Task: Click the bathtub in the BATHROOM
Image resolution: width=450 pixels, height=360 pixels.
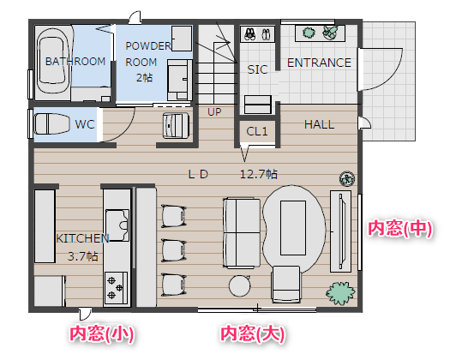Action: pos(53,61)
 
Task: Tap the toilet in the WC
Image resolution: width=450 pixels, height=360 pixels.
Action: pos(52,124)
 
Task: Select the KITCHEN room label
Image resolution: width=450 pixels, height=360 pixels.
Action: pos(82,238)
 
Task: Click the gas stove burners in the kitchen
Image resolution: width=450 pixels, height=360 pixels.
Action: pos(116,288)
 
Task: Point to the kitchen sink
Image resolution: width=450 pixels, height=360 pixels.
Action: pos(117,225)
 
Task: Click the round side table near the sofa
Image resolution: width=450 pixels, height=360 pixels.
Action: pos(240,286)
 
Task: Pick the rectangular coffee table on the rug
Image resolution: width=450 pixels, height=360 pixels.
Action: pos(293,228)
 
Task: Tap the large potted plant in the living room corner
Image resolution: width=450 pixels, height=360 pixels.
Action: pos(340,293)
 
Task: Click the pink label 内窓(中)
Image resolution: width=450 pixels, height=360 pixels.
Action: pos(399,229)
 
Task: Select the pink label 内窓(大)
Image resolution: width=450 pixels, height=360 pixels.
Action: pos(253,333)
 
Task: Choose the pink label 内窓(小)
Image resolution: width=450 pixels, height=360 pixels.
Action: pos(102,333)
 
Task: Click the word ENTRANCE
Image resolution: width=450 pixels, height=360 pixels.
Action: pos(319,63)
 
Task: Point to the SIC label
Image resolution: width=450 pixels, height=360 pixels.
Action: pos(257,69)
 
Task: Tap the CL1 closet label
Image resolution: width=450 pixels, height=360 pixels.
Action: pos(257,131)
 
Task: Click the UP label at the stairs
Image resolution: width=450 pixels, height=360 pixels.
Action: pos(214,112)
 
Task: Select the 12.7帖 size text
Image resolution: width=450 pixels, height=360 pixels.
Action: pos(259,174)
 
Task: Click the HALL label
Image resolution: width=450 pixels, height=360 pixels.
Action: pos(320,124)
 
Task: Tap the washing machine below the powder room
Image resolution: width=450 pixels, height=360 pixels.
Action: pos(176,126)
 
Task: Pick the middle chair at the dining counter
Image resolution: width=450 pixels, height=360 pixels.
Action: pos(174,250)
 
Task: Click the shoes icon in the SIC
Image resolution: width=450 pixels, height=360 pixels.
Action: pos(257,34)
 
